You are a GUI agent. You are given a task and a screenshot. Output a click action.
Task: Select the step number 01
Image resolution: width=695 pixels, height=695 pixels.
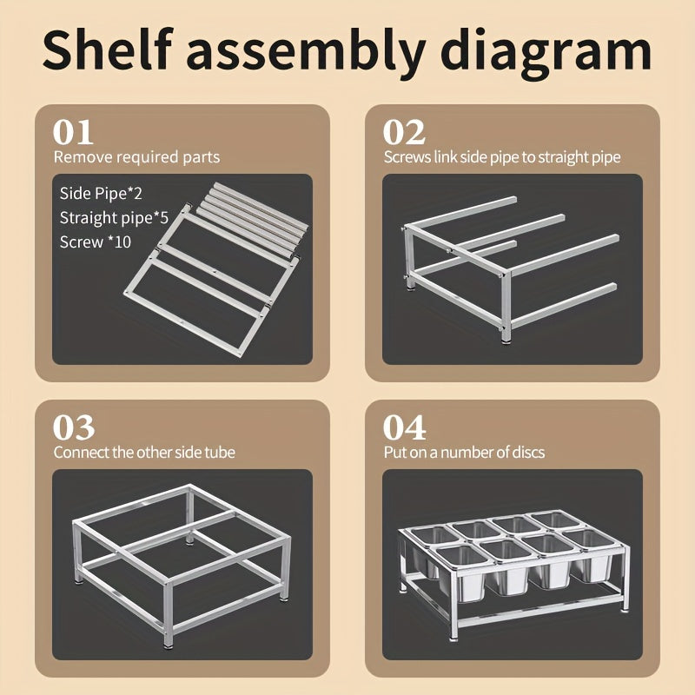(x=73, y=132)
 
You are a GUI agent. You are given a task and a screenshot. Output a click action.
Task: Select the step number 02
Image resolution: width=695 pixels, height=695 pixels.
(x=404, y=132)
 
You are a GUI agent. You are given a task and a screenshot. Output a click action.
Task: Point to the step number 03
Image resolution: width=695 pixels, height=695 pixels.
(x=74, y=427)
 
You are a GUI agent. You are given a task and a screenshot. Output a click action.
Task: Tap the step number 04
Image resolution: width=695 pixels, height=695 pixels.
(x=405, y=427)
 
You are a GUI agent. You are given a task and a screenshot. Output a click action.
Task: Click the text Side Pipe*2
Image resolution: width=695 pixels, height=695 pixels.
(x=101, y=193)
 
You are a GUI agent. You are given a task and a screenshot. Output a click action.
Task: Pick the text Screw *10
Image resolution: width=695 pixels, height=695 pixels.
(x=96, y=242)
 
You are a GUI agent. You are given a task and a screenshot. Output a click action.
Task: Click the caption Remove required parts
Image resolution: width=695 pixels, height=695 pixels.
(x=136, y=157)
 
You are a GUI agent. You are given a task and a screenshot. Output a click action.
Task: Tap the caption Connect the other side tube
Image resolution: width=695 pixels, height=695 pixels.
(x=144, y=452)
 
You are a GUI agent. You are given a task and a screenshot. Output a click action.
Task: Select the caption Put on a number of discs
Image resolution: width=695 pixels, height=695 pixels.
(x=464, y=452)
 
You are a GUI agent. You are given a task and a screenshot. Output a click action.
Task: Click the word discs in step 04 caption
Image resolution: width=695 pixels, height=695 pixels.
(x=529, y=452)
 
